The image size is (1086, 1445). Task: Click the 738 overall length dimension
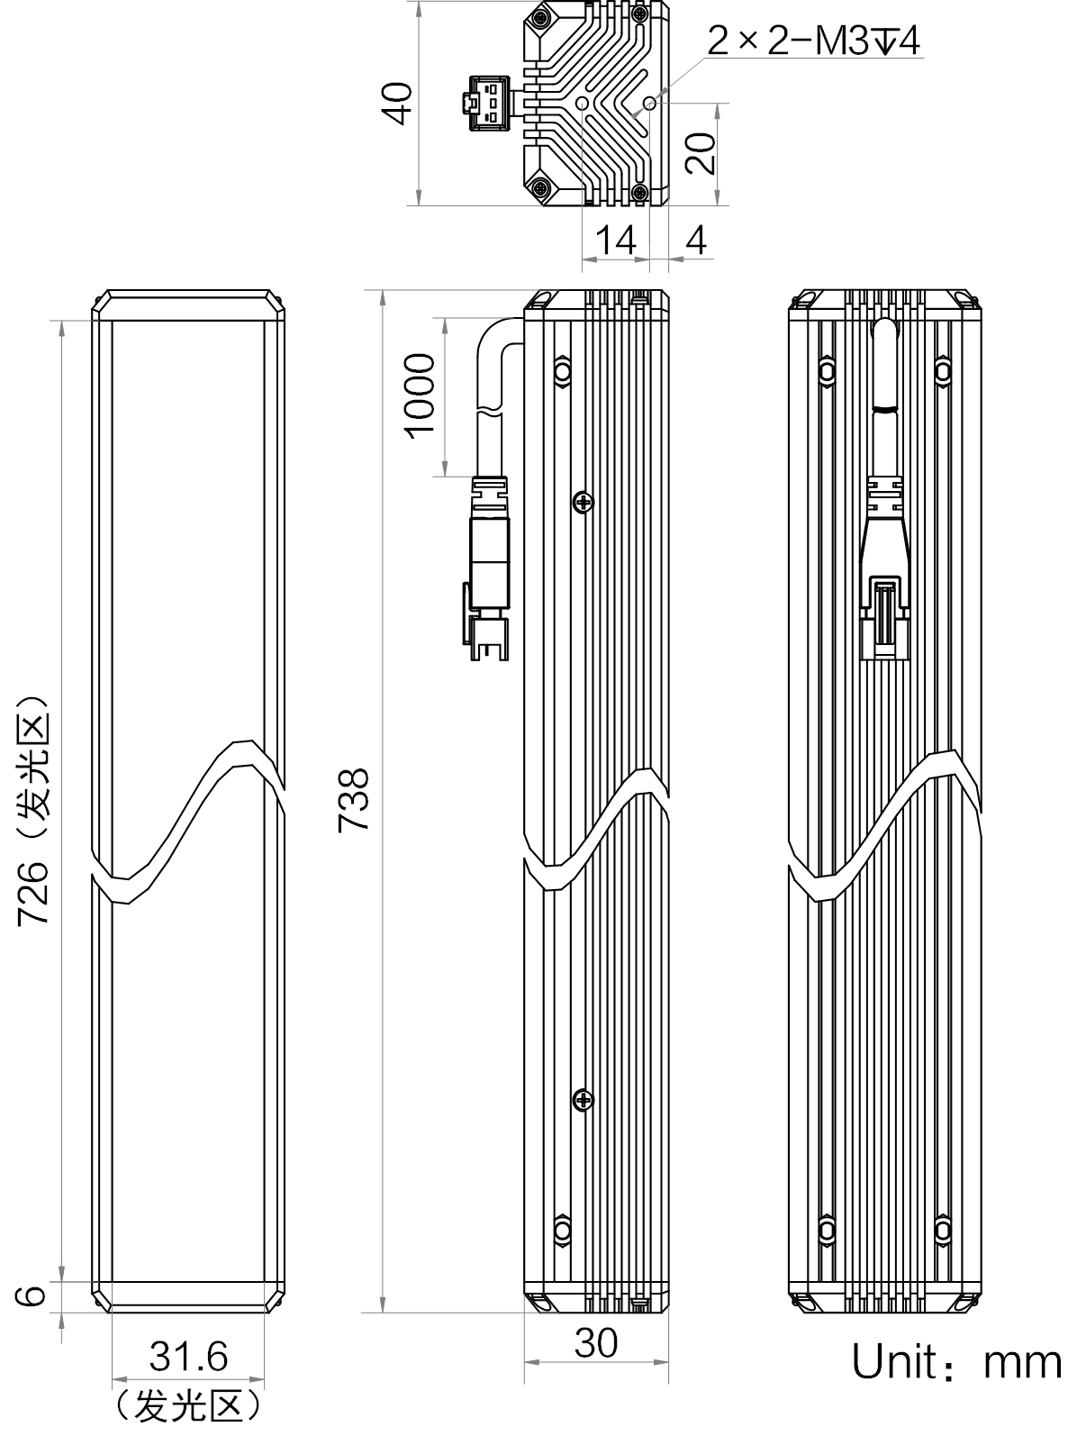point(353,799)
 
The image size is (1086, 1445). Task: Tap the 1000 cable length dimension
point(420,396)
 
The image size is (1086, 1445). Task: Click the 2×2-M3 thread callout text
point(813,41)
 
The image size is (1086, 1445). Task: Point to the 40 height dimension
point(398,103)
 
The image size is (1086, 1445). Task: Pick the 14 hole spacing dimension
point(616,241)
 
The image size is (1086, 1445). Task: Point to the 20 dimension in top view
point(700,153)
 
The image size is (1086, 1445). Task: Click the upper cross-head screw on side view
point(584,503)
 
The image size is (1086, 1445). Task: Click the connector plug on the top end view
point(489,104)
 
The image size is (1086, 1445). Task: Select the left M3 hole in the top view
point(583,104)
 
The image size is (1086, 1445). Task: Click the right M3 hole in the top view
point(650,104)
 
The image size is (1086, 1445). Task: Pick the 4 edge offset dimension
point(696,241)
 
